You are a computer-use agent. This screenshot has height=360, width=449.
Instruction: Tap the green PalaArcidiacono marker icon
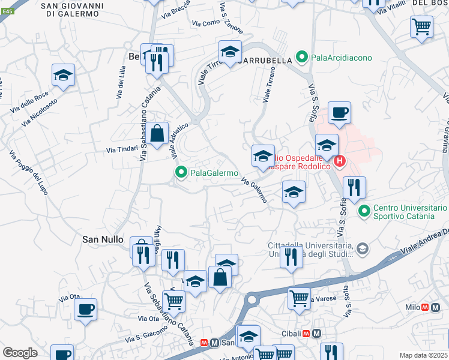[x=302, y=58]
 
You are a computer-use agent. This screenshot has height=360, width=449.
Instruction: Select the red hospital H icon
[x=340, y=161]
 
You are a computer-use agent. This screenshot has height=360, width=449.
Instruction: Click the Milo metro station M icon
[x=425, y=307]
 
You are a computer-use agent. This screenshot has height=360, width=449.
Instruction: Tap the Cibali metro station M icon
[x=316, y=333]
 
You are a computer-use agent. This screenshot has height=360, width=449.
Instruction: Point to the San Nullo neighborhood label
[x=103, y=238]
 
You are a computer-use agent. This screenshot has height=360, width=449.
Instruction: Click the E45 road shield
[x=6, y=13]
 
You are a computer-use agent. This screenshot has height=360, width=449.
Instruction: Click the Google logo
[x=20, y=352]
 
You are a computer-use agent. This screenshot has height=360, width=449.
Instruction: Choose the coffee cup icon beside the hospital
[x=339, y=112]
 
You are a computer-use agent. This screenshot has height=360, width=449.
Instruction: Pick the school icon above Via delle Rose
[x=62, y=76]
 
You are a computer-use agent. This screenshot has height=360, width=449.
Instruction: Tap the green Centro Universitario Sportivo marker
[x=364, y=211]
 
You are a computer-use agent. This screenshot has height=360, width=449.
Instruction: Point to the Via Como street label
[x=206, y=23]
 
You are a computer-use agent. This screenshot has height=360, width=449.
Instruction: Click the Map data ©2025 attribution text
[x=423, y=355]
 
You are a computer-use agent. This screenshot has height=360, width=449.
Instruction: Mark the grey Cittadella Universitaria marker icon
[x=362, y=248]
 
